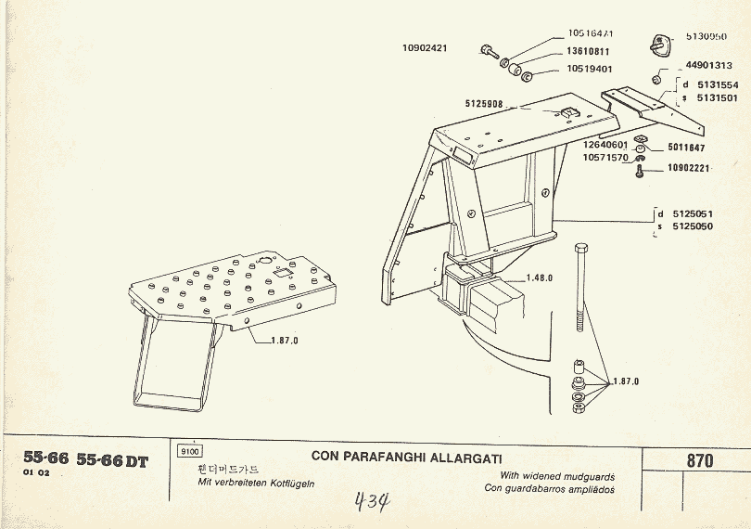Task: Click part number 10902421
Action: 425,48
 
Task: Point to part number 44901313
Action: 709,66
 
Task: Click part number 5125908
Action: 484,104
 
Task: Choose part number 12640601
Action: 605,145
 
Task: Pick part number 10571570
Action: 605,158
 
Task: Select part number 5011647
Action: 685,148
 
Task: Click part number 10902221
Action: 688,169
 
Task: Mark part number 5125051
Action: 692,213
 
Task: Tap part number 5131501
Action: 716,97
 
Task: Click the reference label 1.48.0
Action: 539,278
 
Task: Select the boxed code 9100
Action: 188,451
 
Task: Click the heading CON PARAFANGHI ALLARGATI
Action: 407,457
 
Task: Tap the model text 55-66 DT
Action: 112,460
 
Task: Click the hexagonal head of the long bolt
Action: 581,250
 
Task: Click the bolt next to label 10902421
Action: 489,50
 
